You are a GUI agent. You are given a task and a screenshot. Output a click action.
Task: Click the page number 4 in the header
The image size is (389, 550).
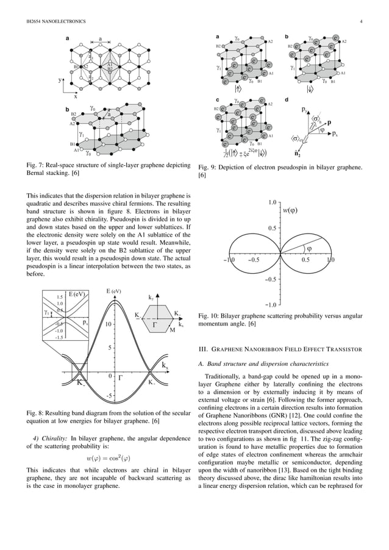pos(362,23)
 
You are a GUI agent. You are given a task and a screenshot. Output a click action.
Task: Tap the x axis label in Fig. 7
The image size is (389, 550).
pos(76,96)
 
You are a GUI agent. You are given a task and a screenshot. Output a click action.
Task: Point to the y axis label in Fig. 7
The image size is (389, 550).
pos(59,80)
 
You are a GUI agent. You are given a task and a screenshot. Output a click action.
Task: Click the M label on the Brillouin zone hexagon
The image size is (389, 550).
pos(173,330)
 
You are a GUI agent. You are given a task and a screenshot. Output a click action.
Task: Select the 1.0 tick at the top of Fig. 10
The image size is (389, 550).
pos(273,201)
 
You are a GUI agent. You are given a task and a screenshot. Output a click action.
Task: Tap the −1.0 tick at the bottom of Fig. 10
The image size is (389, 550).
pos(271,304)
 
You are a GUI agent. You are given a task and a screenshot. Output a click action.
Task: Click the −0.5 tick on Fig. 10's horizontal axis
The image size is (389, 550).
pos(254,260)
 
